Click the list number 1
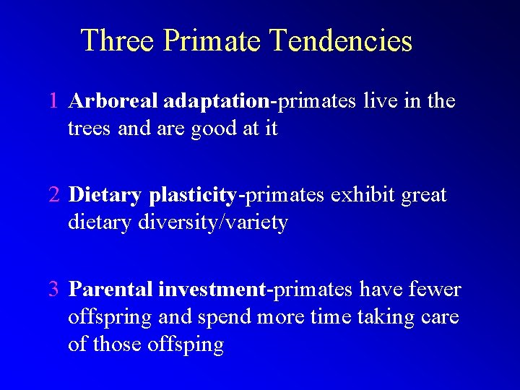[54, 101]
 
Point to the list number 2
[54, 195]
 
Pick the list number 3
[54, 290]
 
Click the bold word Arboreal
[113, 101]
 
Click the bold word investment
[212, 290]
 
